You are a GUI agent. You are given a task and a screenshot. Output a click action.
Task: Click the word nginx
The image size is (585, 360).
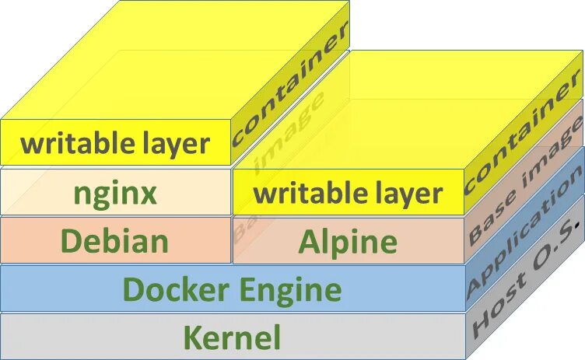click(x=115, y=193)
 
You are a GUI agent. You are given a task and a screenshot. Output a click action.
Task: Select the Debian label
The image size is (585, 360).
click(x=114, y=241)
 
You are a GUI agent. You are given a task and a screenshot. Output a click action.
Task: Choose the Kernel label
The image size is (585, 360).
click(x=232, y=338)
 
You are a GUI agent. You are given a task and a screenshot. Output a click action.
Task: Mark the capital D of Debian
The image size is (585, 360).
click(x=72, y=241)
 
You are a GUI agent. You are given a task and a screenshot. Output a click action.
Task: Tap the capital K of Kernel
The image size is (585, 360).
click(x=192, y=338)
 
